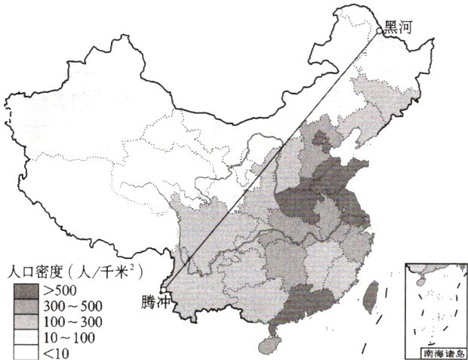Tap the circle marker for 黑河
pyautogui.click(x=380, y=31)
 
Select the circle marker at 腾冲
pyautogui.click(x=162, y=287)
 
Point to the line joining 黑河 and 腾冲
pyautogui.click(x=272, y=158)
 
